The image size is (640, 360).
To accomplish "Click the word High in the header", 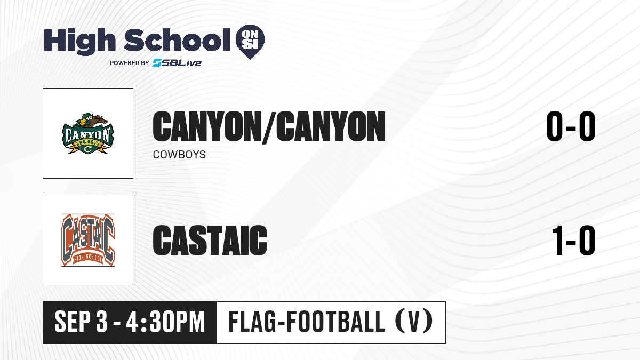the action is (x=79, y=41).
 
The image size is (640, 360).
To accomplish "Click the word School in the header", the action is (x=177, y=40).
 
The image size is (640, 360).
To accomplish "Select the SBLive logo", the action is (x=177, y=62).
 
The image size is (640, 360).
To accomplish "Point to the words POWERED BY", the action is (x=130, y=63).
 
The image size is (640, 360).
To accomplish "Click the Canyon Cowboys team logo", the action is (x=87, y=133).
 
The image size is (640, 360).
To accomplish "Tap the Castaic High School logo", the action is (x=88, y=240).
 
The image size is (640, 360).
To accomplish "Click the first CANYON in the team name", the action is (x=206, y=126).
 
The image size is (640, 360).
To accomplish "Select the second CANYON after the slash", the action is (x=331, y=126).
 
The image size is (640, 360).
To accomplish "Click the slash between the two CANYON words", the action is (x=267, y=127).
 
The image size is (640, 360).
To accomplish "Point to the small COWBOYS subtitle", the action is (x=179, y=155).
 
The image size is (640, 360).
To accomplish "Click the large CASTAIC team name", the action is (x=210, y=240).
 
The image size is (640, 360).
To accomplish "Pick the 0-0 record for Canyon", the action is (x=571, y=126).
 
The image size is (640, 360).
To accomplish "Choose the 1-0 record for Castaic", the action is (x=573, y=240).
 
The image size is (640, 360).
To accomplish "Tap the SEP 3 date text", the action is (x=81, y=322).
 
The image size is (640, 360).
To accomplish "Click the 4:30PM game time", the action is (x=166, y=322).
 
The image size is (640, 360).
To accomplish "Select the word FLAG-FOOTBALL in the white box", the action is (x=307, y=322).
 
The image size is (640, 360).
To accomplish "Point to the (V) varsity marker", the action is (x=414, y=322).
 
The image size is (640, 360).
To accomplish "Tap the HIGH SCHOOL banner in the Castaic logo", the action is (x=88, y=258).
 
